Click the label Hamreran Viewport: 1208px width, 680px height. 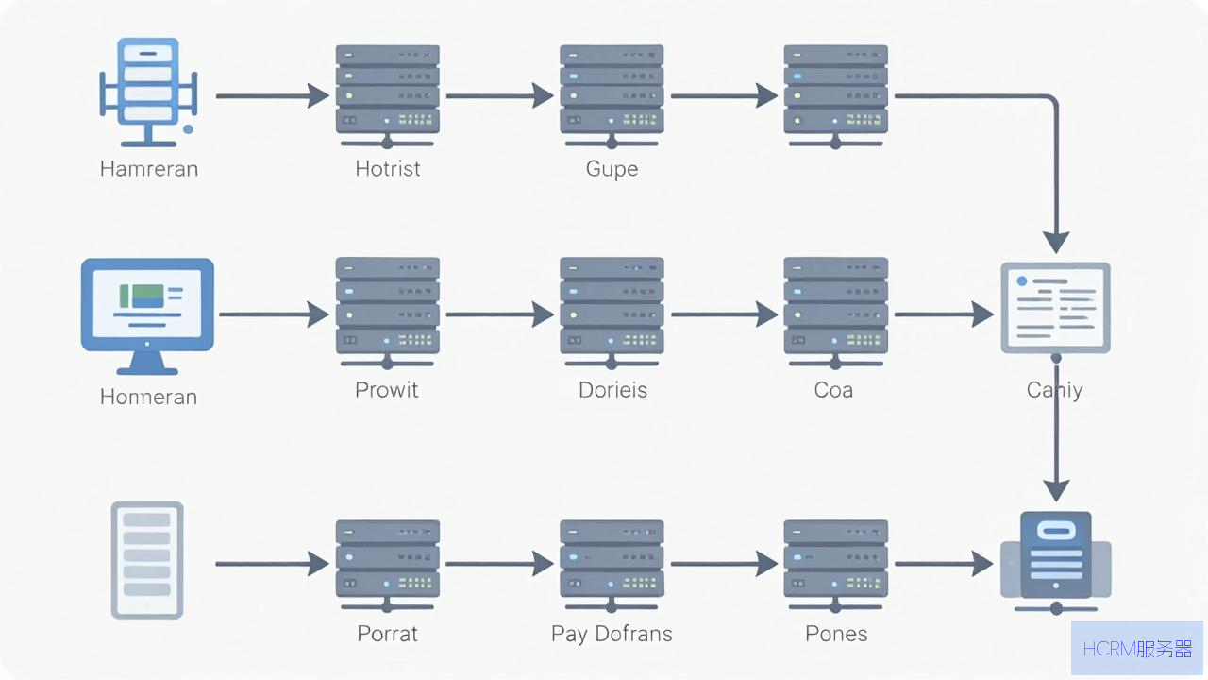coord(149,169)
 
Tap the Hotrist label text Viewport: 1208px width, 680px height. coord(387,169)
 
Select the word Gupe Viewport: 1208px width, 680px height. coord(612,169)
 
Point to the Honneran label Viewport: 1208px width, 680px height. coord(148,398)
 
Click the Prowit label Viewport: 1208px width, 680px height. coord(386,390)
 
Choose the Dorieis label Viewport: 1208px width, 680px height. coord(612,390)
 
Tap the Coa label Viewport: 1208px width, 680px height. coord(833,390)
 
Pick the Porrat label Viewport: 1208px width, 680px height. coord(387,634)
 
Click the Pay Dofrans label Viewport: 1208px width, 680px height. coord(612,634)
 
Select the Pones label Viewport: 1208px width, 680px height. coord(836,634)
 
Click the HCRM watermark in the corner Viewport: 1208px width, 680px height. coord(1137,649)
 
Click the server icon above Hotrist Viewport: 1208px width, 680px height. coord(387,96)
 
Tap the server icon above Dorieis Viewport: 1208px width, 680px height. coord(612,313)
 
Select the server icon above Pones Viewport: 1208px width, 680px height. coord(836,566)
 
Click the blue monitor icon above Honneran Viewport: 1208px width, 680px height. coord(147,316)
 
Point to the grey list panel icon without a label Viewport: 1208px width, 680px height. coord(147,560)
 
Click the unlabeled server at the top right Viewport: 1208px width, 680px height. coord(836,96)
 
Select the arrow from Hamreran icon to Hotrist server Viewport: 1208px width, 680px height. coord(273,96)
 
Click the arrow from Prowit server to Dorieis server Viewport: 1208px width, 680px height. coord(500,314)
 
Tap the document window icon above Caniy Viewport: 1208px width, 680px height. coord(1055,308)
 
